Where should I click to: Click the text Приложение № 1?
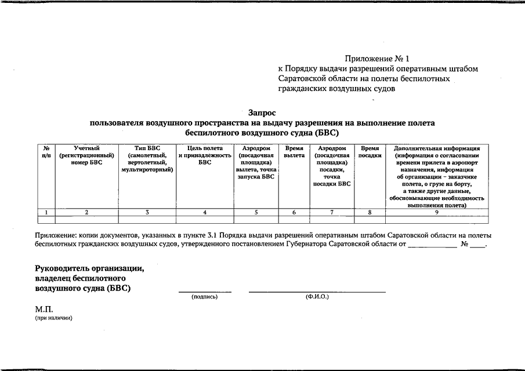[x=377, y=59]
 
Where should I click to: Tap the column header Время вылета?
[x=294, y=152]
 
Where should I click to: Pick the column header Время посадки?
[x=370, y=152]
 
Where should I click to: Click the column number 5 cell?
[x=256, y=212]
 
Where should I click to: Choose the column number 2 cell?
[x=86, y=212]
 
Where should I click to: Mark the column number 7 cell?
[x=331, y=212]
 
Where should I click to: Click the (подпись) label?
[x=204, y=296]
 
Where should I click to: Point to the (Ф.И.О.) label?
[x=317, y=296]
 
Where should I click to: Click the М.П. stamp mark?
[x=44, y=310]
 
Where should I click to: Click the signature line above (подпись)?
[x=204, y=292]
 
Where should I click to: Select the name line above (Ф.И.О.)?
[x=317, y=292]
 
